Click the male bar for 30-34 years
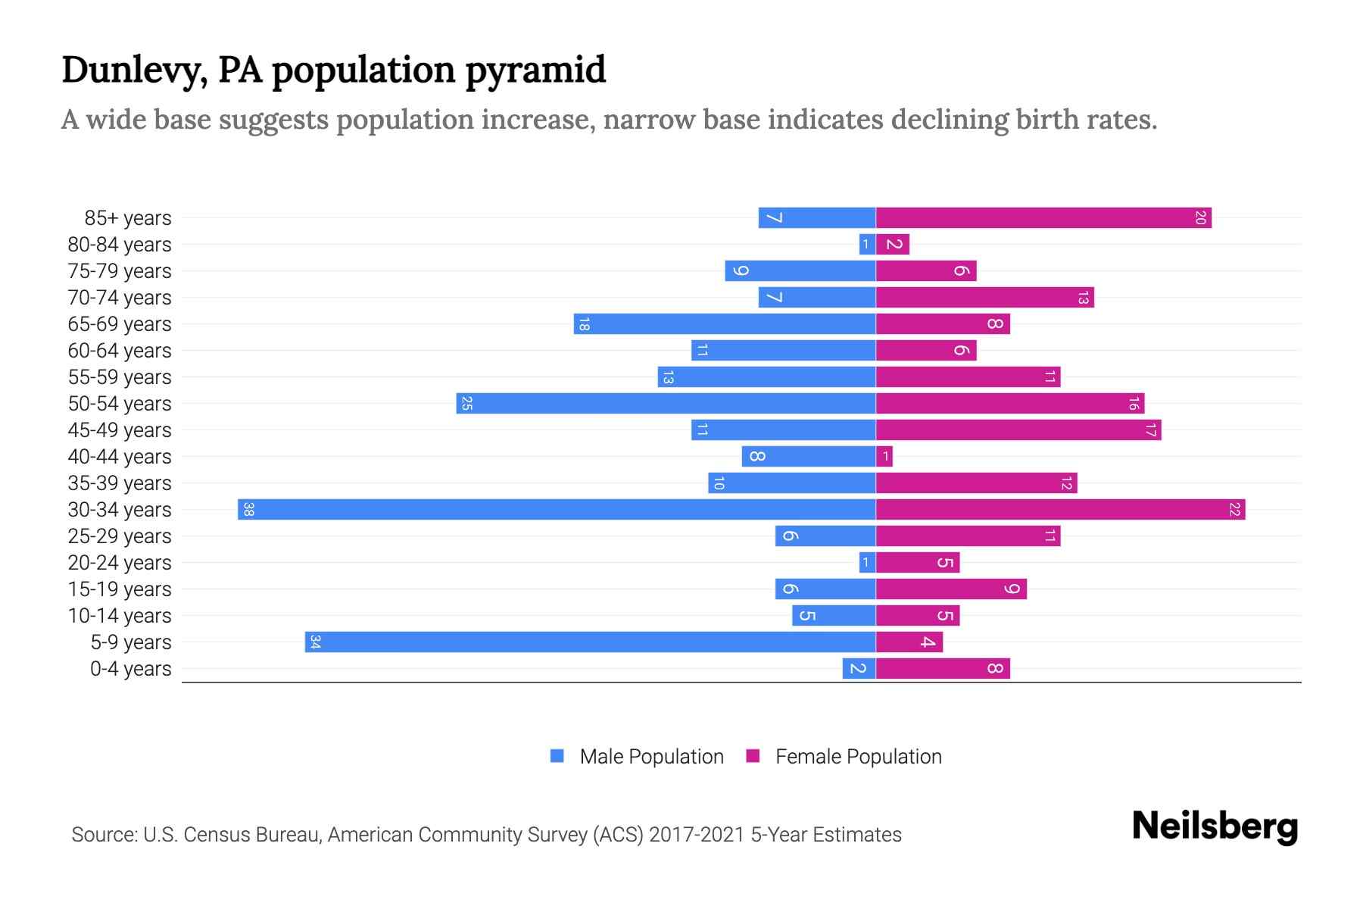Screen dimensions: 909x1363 coord(557,509)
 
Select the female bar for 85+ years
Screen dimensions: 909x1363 coord(1043,218)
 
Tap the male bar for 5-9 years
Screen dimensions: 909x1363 coord(591,642)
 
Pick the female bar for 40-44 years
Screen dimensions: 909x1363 coord(884,457)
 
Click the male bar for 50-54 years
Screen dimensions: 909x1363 coord(666,404)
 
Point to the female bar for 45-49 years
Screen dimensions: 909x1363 coord(1018,430)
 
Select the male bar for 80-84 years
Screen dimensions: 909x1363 coord(868,245)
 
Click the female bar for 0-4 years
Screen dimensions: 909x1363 coord(943,669)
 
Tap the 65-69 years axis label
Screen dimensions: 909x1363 coord(120,324)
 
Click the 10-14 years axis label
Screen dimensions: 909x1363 coord(120,616)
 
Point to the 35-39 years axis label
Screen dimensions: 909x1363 coord(120,483)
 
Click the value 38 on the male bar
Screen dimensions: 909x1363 coord(248,510)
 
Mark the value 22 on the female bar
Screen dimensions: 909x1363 coord(1234,510)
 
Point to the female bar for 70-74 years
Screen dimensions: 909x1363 coord(984,298)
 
